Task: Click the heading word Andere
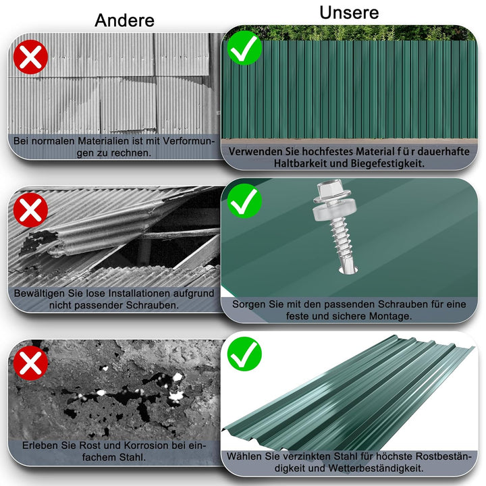[124, 20]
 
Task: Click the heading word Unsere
[349, 12]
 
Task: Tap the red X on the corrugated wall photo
[31, 57]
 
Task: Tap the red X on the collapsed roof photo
[31, 211]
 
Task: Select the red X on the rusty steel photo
[31, 363]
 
